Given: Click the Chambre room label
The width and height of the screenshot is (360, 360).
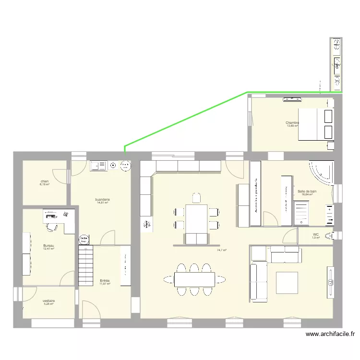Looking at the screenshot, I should click(x=292, y=123).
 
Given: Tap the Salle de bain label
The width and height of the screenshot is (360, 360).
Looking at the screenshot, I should click(x=307, y=191).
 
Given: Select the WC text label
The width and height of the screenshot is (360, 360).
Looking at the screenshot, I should click(x=315, y=235).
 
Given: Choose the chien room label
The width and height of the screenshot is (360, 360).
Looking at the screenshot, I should click(x=44, y=181).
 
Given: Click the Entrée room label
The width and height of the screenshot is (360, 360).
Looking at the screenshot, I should click(x=105, y=281).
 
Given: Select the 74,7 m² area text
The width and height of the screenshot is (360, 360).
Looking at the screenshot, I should click(x=221, y=250).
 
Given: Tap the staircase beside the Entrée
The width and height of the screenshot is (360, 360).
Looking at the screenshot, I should click(x=87, y=264).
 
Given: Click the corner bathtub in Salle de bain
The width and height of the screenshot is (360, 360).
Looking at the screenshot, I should click(x=321, y=173).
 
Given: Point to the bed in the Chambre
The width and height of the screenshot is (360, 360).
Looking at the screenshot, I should click(x=315, y=124).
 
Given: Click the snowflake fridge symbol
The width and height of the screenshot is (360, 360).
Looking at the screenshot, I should click(x=146, y=224).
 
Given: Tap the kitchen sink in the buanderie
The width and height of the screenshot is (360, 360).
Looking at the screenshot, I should click(x=98, y=166).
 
